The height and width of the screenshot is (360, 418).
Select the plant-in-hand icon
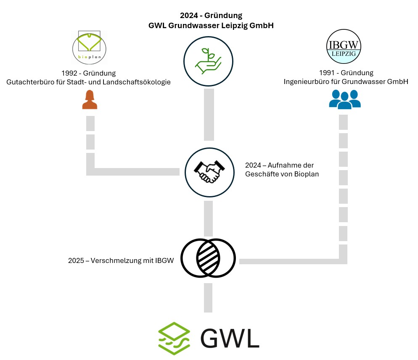(x=208, y=62)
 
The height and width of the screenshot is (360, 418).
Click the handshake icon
(x=209, y=172)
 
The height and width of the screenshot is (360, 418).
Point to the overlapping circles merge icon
(x=208, y=258)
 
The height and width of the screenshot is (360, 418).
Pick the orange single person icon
(x=90, y=100)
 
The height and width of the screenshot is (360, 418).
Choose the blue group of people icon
(x=344, y=99)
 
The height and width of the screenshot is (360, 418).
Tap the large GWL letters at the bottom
(x=230, y=338)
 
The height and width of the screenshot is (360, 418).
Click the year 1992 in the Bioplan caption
(x=69, y=73)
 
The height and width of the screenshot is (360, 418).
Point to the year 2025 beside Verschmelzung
(x=76, y=260)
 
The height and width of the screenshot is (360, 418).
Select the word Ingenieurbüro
(x=306, y=82)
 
